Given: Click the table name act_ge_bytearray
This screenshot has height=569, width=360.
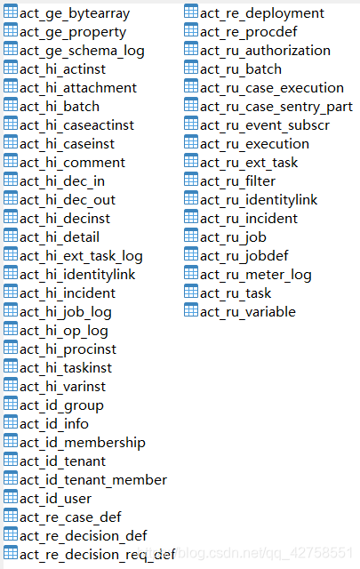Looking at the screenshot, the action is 75,14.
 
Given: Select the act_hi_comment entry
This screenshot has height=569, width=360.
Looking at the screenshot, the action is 72,163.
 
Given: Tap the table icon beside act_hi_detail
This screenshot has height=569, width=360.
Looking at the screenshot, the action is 11,236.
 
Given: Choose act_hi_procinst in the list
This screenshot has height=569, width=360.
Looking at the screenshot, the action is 68,349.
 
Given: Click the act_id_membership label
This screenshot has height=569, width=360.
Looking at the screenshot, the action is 83,443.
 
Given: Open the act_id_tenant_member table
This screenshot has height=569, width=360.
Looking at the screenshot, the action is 93,480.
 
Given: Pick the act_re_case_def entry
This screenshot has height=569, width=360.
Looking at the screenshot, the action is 70,517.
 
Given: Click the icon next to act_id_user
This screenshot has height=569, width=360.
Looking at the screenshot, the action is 11,498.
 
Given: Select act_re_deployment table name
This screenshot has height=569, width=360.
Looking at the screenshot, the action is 262,14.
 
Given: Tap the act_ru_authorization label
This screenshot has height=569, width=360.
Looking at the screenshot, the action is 265,51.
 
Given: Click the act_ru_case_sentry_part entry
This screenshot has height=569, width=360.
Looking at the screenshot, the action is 276,107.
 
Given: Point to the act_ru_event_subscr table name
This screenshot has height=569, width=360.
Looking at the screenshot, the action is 265,125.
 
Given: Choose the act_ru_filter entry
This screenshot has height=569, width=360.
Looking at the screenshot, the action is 237,181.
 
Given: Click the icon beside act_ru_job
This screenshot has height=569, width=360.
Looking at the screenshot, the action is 191,236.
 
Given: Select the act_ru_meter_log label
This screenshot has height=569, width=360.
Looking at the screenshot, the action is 256,275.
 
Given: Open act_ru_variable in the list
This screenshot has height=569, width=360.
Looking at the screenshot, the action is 248,312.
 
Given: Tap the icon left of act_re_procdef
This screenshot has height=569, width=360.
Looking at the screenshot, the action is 191,31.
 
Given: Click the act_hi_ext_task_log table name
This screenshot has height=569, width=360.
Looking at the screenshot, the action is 81,256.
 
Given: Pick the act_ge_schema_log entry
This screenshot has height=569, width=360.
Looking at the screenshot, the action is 82,51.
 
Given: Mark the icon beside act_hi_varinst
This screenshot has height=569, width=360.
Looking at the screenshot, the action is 11,386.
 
